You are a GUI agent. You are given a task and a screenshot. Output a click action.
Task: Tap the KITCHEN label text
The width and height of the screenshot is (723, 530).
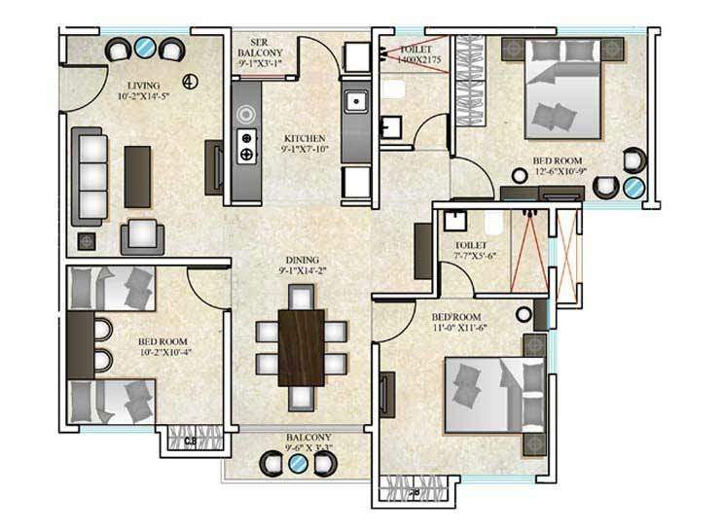pos(305,138)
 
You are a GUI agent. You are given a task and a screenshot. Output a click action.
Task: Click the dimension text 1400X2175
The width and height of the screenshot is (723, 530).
pos(410,59)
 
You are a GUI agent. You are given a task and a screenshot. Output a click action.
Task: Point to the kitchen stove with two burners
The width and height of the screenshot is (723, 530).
pos(247,144)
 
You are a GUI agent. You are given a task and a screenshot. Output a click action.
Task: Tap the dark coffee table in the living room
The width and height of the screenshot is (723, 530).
pos(137,175)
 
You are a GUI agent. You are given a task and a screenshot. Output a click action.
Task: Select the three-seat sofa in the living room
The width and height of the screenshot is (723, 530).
pos(90,175)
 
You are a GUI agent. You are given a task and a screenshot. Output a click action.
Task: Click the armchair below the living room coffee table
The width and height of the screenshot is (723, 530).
pos(142,234)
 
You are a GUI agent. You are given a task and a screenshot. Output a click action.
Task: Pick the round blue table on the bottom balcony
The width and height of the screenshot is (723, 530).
pos(299,464)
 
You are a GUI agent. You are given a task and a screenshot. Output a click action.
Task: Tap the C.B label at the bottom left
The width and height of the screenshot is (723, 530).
pos(190,442)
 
